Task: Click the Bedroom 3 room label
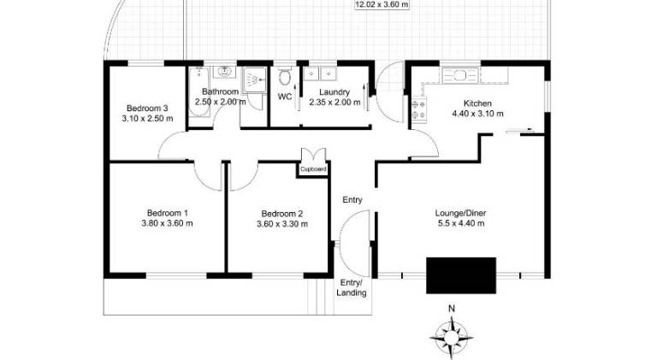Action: (147, 109)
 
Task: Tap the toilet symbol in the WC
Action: (285, 76)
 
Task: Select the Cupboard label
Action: (313, 169)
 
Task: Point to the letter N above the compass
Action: (452, 309)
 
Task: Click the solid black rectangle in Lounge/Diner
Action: (461, 275)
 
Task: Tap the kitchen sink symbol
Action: (460, 76)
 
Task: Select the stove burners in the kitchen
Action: (418, 109)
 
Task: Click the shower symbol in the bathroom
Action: (254, 80)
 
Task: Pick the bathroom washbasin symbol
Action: (225, 72)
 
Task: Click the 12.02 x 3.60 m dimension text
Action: (382, 5)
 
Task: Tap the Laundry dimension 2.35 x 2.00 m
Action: (334, 102)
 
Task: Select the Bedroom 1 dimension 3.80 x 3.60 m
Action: (167, 223)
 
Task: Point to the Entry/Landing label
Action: (352, 287)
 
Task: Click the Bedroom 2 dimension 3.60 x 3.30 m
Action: (282, 224)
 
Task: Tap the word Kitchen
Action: (477, 103)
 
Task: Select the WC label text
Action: (285, 97)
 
